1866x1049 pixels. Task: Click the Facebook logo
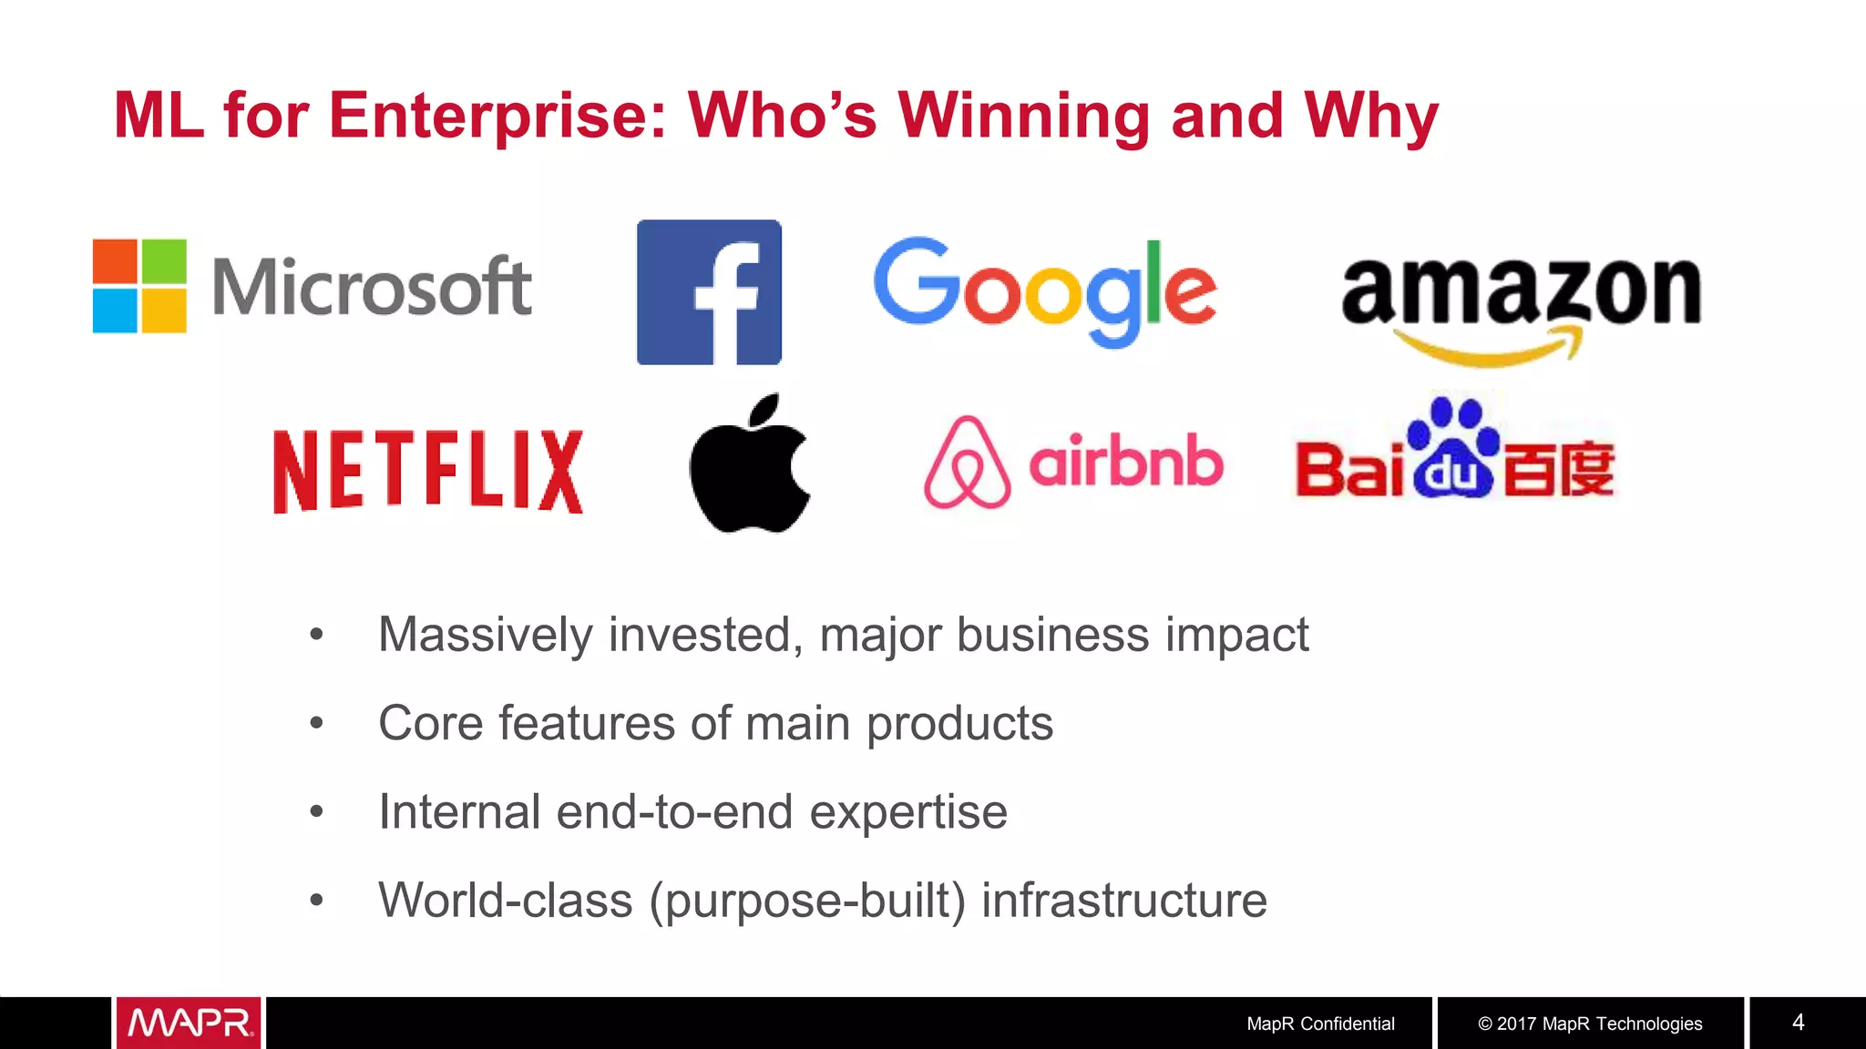pyautogui.click(x=709, y=291)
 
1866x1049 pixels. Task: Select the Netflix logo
pyautogui.click(x=427, y=471)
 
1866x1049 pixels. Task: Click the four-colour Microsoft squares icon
pyautogui.click(x=139, y=286)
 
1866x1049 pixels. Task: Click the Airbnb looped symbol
pyautogui.click(x=967, y=463)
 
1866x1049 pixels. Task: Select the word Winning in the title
pyautogui.click(x=1025, y=116)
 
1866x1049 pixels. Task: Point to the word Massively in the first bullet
pyautogui.click(x=485, y=635)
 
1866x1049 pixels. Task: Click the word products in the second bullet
pyautogui.click(x=959, y=724)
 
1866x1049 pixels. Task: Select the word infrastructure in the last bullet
pyautogui.click(x=1123, y=901)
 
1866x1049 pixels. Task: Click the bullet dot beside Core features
pyautogui.click(x=316, y=723)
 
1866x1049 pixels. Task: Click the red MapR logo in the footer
pyautogui.click(x=189, y=1023)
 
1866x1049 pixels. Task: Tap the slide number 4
pyautogui.click(x=1798, y=1022)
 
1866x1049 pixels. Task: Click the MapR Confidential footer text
pyautogui.click(x=1320, y=1024)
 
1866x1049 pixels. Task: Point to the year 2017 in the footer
pyautogui.click(x=1517, y=1024)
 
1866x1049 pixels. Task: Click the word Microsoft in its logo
pyautogui.click(x=372, y=287)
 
